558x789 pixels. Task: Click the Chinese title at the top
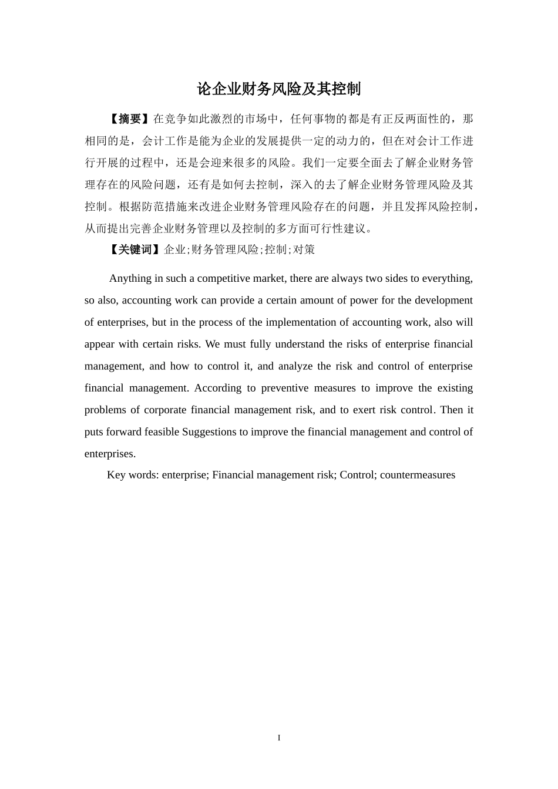[278, 89]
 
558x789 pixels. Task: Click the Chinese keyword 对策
[304, 249]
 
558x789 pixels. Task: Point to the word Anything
[130, 278]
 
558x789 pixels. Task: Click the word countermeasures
[417, 475]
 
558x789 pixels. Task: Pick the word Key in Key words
[116, 475]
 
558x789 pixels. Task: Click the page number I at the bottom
[279, 738]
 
